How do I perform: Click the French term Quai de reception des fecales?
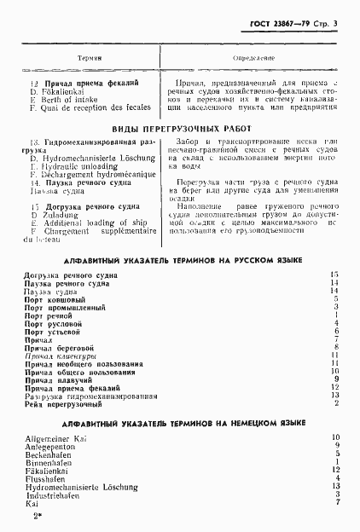pyautogui.click(x=90, y=107)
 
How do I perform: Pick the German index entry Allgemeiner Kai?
pyautogui.click(x=58, y=437)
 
